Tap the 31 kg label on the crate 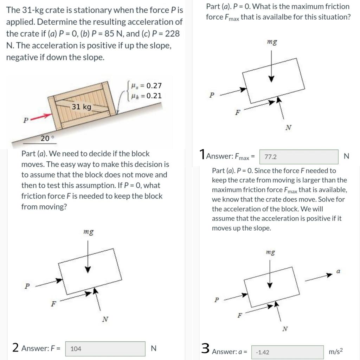81,107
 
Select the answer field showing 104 105,349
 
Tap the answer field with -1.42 287,352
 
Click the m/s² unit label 336,352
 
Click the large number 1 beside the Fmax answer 202,154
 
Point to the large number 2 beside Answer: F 15,348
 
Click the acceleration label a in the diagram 338,271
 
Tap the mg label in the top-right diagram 272,42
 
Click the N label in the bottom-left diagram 104,319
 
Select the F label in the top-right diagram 238,113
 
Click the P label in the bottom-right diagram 217,300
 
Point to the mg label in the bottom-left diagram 88,232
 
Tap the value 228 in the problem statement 172,34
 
